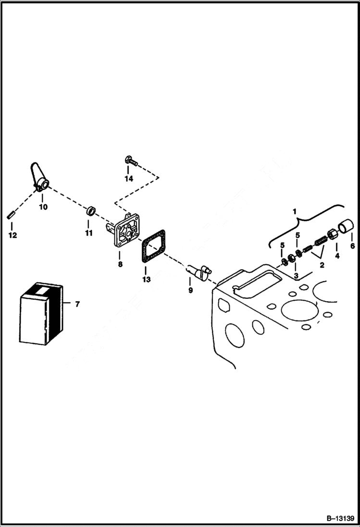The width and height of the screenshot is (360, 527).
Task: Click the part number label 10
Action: pyautogui.click(x=43, y=207)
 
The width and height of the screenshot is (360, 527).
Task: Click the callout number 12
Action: pyautogui.click(x=12, y=235)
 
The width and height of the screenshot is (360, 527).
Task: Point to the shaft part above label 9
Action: pyautogui.click(x=198, y=272)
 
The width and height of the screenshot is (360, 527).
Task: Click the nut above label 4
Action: pyautogui.click(x=332, y=234)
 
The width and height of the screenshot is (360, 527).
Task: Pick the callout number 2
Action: pyautogui.click(x=322, y=265)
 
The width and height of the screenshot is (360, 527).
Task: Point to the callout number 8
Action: pyautogui.click(x=120, y=264)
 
